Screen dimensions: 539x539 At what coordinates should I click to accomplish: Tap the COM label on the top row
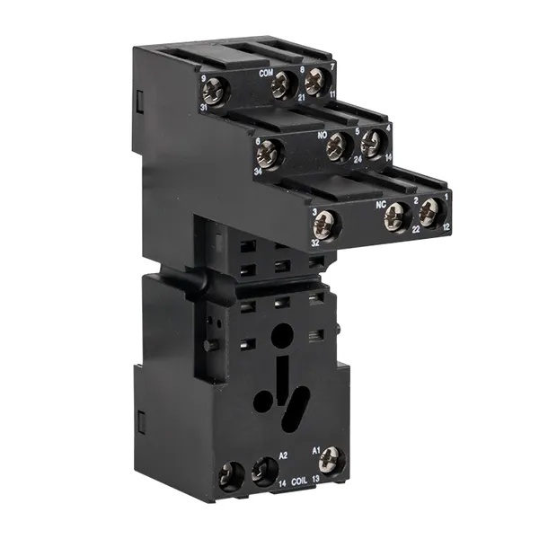266,72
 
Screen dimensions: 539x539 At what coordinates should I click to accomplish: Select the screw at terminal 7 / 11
314,83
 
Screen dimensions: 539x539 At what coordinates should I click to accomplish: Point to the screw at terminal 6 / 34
269,154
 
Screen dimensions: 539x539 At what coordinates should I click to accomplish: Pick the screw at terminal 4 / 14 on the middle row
371,144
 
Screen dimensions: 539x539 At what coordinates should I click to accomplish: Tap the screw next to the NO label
339,145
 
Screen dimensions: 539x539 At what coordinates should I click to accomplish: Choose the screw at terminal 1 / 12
430,211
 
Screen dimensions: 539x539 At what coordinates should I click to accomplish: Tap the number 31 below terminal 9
207,108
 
